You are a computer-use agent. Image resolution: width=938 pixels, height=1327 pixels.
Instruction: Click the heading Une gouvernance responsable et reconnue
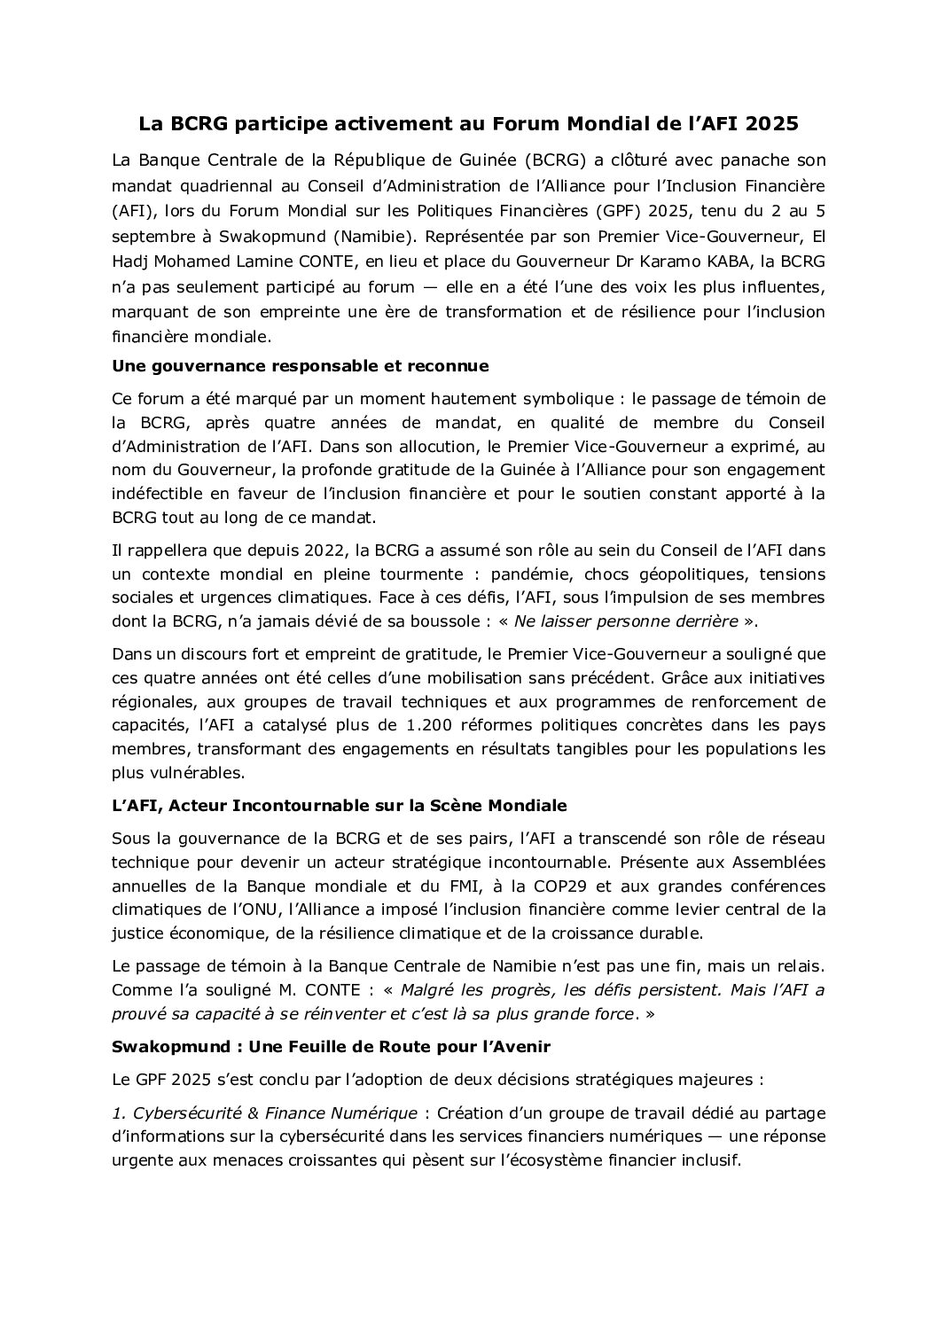301,365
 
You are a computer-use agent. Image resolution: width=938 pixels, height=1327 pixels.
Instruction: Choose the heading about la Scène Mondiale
340,806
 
